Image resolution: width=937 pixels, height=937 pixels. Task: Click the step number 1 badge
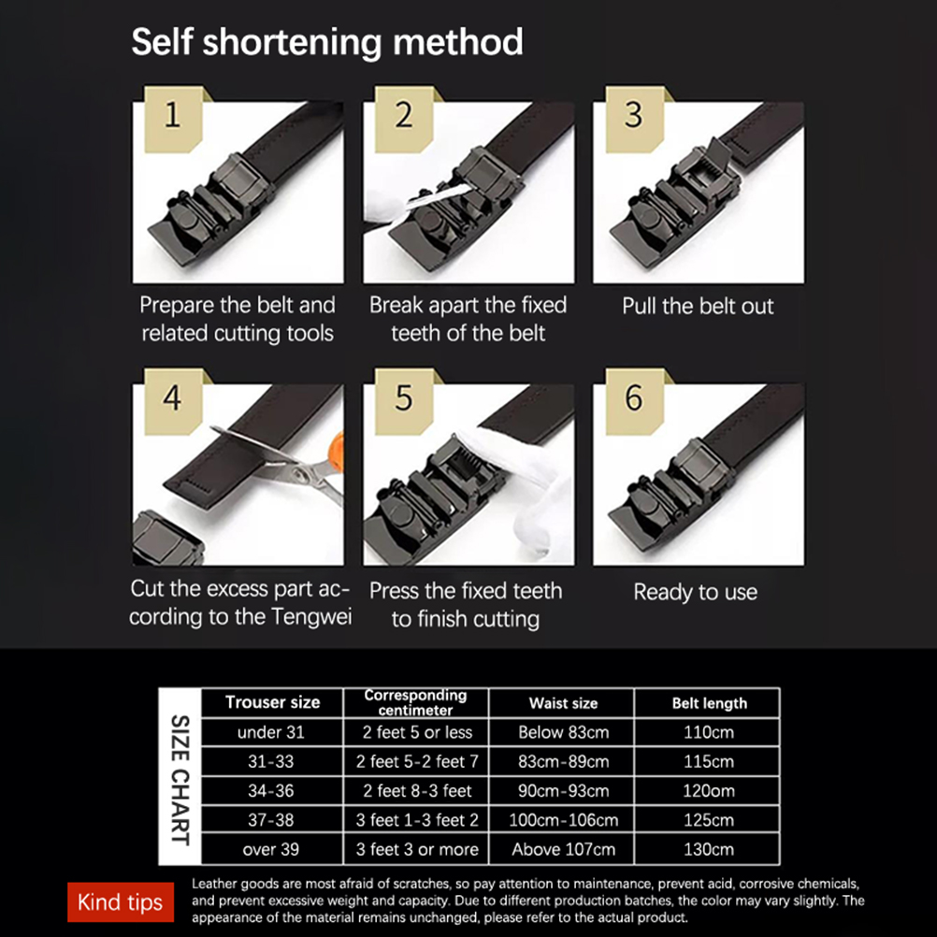click(173, 119)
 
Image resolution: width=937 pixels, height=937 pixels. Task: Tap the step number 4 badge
click(173, 401)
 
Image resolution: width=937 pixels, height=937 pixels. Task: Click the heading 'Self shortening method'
click(327, 42)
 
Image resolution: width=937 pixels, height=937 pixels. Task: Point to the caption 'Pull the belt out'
click(698, 306)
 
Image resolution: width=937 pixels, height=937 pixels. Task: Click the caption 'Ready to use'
click(696, 592)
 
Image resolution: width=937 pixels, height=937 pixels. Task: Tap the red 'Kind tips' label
click(120, 901)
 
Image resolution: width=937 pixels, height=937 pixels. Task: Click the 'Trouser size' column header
click(272, 702)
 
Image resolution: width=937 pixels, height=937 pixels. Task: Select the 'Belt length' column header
click(709, 703)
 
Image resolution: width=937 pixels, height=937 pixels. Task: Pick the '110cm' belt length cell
click(709, 732)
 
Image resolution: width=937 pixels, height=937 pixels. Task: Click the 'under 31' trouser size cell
click(270, 732)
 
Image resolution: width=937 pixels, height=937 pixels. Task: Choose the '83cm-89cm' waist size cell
click(563, 761)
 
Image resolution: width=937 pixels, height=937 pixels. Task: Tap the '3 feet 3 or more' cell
click(417, 849)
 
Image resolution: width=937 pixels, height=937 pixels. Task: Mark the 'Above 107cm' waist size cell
click(563, 849)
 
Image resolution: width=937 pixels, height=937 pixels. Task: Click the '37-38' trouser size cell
click(270, 820)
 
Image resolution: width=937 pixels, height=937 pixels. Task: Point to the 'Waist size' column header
click(563, 703)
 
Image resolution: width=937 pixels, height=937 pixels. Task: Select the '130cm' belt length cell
click(709, 849)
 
